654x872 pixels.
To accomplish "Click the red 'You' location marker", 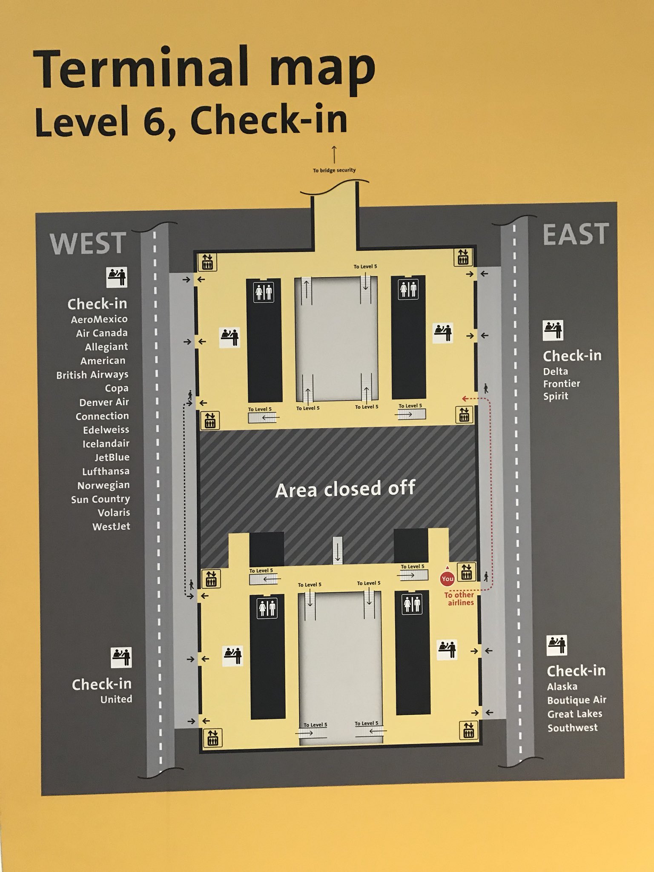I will [447, 579].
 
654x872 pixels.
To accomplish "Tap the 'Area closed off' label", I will [345, 489].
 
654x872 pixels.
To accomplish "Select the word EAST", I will [576, 234].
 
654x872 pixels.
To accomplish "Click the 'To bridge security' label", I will [334, 170].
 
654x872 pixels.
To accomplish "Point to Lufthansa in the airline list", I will [106, 471].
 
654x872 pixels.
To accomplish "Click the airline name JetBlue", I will [112, 457].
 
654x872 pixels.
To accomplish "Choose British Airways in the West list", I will [92, 375].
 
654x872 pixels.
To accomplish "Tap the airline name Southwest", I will [573, 728].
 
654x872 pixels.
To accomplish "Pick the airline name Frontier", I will [562, 384].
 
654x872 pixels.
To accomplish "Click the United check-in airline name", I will [116, 699].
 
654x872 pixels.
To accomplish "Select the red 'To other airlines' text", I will [459, 599].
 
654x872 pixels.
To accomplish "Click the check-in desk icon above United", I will [121, 657].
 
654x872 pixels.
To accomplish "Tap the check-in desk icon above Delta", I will [553, 330].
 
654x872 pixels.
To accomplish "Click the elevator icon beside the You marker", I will [466, 571].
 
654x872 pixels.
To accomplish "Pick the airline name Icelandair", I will [106, 444].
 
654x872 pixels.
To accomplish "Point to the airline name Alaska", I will [562, 686].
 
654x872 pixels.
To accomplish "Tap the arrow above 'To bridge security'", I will [334, 154].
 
